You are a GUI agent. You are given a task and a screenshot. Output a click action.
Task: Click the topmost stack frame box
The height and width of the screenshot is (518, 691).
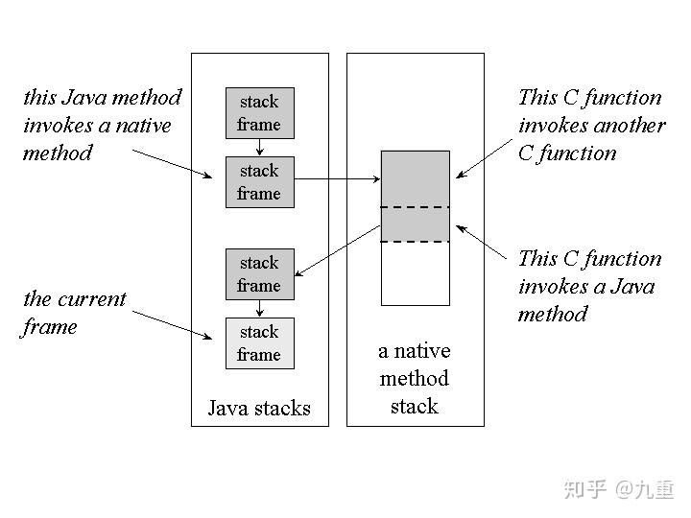point(259,113)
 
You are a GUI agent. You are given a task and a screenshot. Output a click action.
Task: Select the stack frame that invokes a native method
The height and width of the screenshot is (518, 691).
point(259,182)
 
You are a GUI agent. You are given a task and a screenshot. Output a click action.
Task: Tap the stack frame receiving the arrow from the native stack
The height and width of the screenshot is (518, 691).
point(259,273)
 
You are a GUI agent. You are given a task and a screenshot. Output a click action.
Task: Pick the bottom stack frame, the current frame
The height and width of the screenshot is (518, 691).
point(259,343)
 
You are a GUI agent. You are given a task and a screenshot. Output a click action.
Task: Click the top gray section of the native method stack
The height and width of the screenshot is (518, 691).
point(415,178)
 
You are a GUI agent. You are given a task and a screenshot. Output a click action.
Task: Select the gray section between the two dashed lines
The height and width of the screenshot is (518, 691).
point(415,224)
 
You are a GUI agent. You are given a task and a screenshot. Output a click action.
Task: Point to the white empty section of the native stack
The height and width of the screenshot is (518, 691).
point(415,273)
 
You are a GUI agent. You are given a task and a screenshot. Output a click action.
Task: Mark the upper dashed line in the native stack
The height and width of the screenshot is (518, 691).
point(415,207)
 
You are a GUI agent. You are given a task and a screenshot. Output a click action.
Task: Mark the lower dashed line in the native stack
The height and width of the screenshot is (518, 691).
point(415,242)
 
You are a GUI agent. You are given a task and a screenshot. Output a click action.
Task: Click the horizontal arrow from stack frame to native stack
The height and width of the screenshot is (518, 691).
point(336,178)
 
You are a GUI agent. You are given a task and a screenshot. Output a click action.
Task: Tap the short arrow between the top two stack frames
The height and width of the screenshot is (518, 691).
point(259,147)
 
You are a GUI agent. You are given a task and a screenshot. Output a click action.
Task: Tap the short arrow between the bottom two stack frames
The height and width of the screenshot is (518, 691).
point(259,308)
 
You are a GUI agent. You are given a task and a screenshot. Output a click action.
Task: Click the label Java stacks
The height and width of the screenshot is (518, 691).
point(259,409)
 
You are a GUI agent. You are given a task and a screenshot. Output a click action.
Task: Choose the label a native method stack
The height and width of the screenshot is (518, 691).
point(415,378)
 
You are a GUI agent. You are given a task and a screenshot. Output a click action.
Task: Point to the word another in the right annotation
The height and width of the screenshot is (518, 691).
point(629,125)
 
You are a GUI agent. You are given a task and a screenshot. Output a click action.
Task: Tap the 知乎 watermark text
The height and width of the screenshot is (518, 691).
point(584,489)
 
